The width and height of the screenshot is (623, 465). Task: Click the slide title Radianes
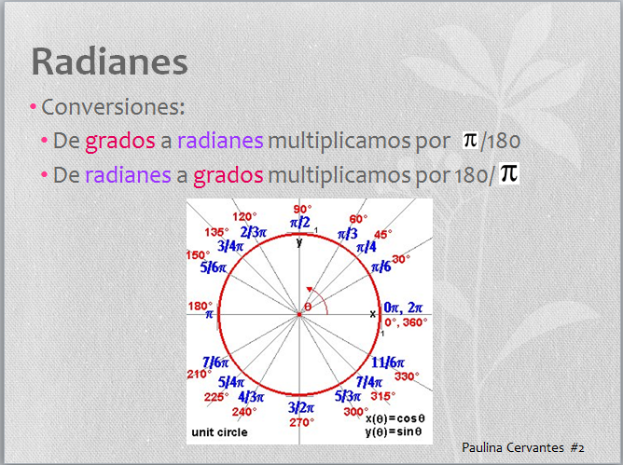pyautogui.click(x=109, y=62)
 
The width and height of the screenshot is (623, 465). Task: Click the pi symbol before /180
pyautogui.click(x=471, y=140)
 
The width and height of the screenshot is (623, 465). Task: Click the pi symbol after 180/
pyautogui.click(x=508, y=172)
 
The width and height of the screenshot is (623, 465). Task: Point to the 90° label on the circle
pyautogui.click(x=302, y=209)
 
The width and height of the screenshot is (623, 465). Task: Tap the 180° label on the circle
pyautogui.click(x=201, y=305)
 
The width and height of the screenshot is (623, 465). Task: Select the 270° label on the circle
pyautogui.click(x=298, y=422)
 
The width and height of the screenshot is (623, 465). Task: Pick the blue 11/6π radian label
pyautogui.click(x=387, y=362)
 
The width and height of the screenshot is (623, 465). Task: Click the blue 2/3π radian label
pyautogui.click(x=252, y=231)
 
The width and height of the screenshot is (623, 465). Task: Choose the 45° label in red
pyautogui.click(x=382, y=234)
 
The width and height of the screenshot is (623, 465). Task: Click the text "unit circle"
pyautogui.click(x=216, y=433)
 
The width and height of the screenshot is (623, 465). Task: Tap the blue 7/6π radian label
pyautogui.click(x=215, y=362)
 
